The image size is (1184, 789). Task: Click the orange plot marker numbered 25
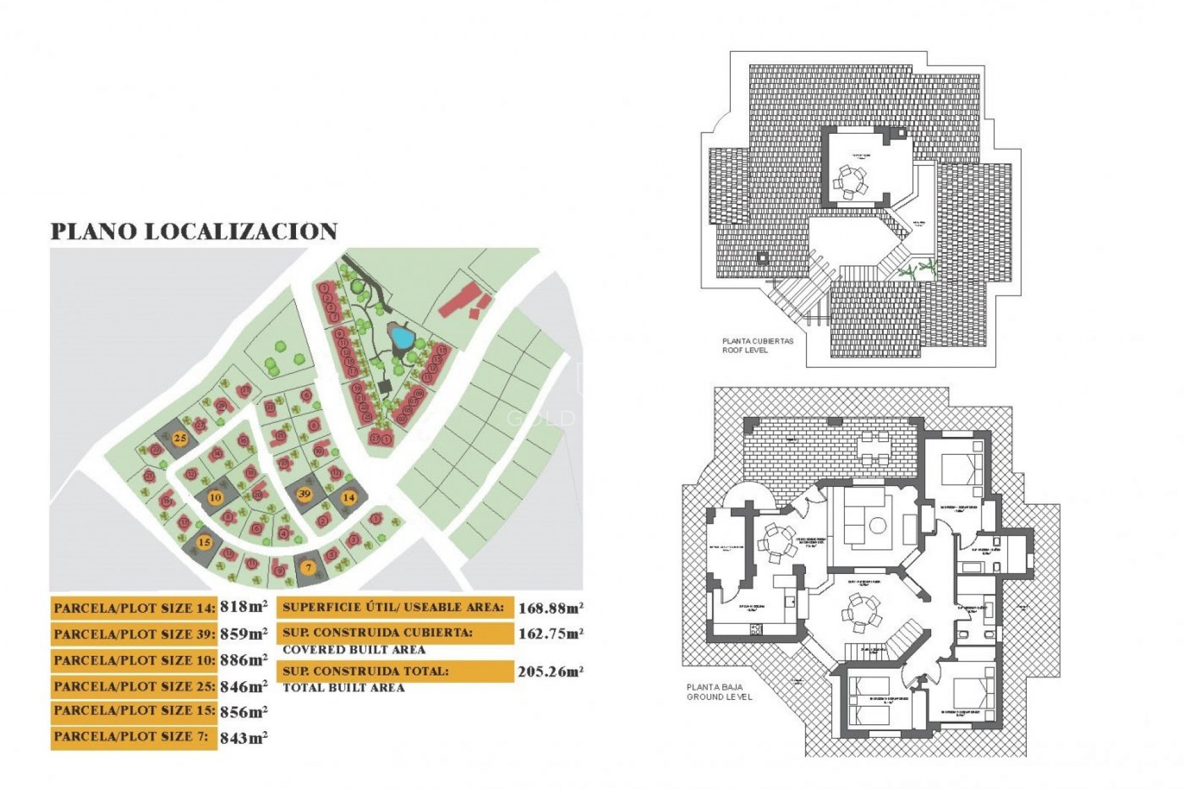tap(179, 439)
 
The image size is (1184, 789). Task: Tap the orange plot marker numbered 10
tap(215, 497)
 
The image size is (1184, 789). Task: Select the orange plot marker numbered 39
tap(304, 494)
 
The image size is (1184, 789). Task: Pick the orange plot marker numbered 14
tap(349, 497)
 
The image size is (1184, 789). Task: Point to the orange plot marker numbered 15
tap(204, 542)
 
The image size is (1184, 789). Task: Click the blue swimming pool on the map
tap(401, 337)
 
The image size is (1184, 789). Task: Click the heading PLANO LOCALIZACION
tap(194, 231)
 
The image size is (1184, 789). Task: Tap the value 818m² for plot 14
tap(244, 607)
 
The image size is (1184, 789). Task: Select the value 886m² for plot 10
tap(244, 660)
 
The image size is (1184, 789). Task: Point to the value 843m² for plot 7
tap(244, 737)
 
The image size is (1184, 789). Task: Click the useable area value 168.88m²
tap(551, 608)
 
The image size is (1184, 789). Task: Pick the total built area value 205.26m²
tap(551, 671)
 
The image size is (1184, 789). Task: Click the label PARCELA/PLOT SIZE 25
tap(134, 686)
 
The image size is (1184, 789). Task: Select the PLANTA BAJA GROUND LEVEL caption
tap(719, 692)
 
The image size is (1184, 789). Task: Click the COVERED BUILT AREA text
tap(354, 650)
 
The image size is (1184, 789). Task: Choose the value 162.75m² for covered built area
tap(551, 634)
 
